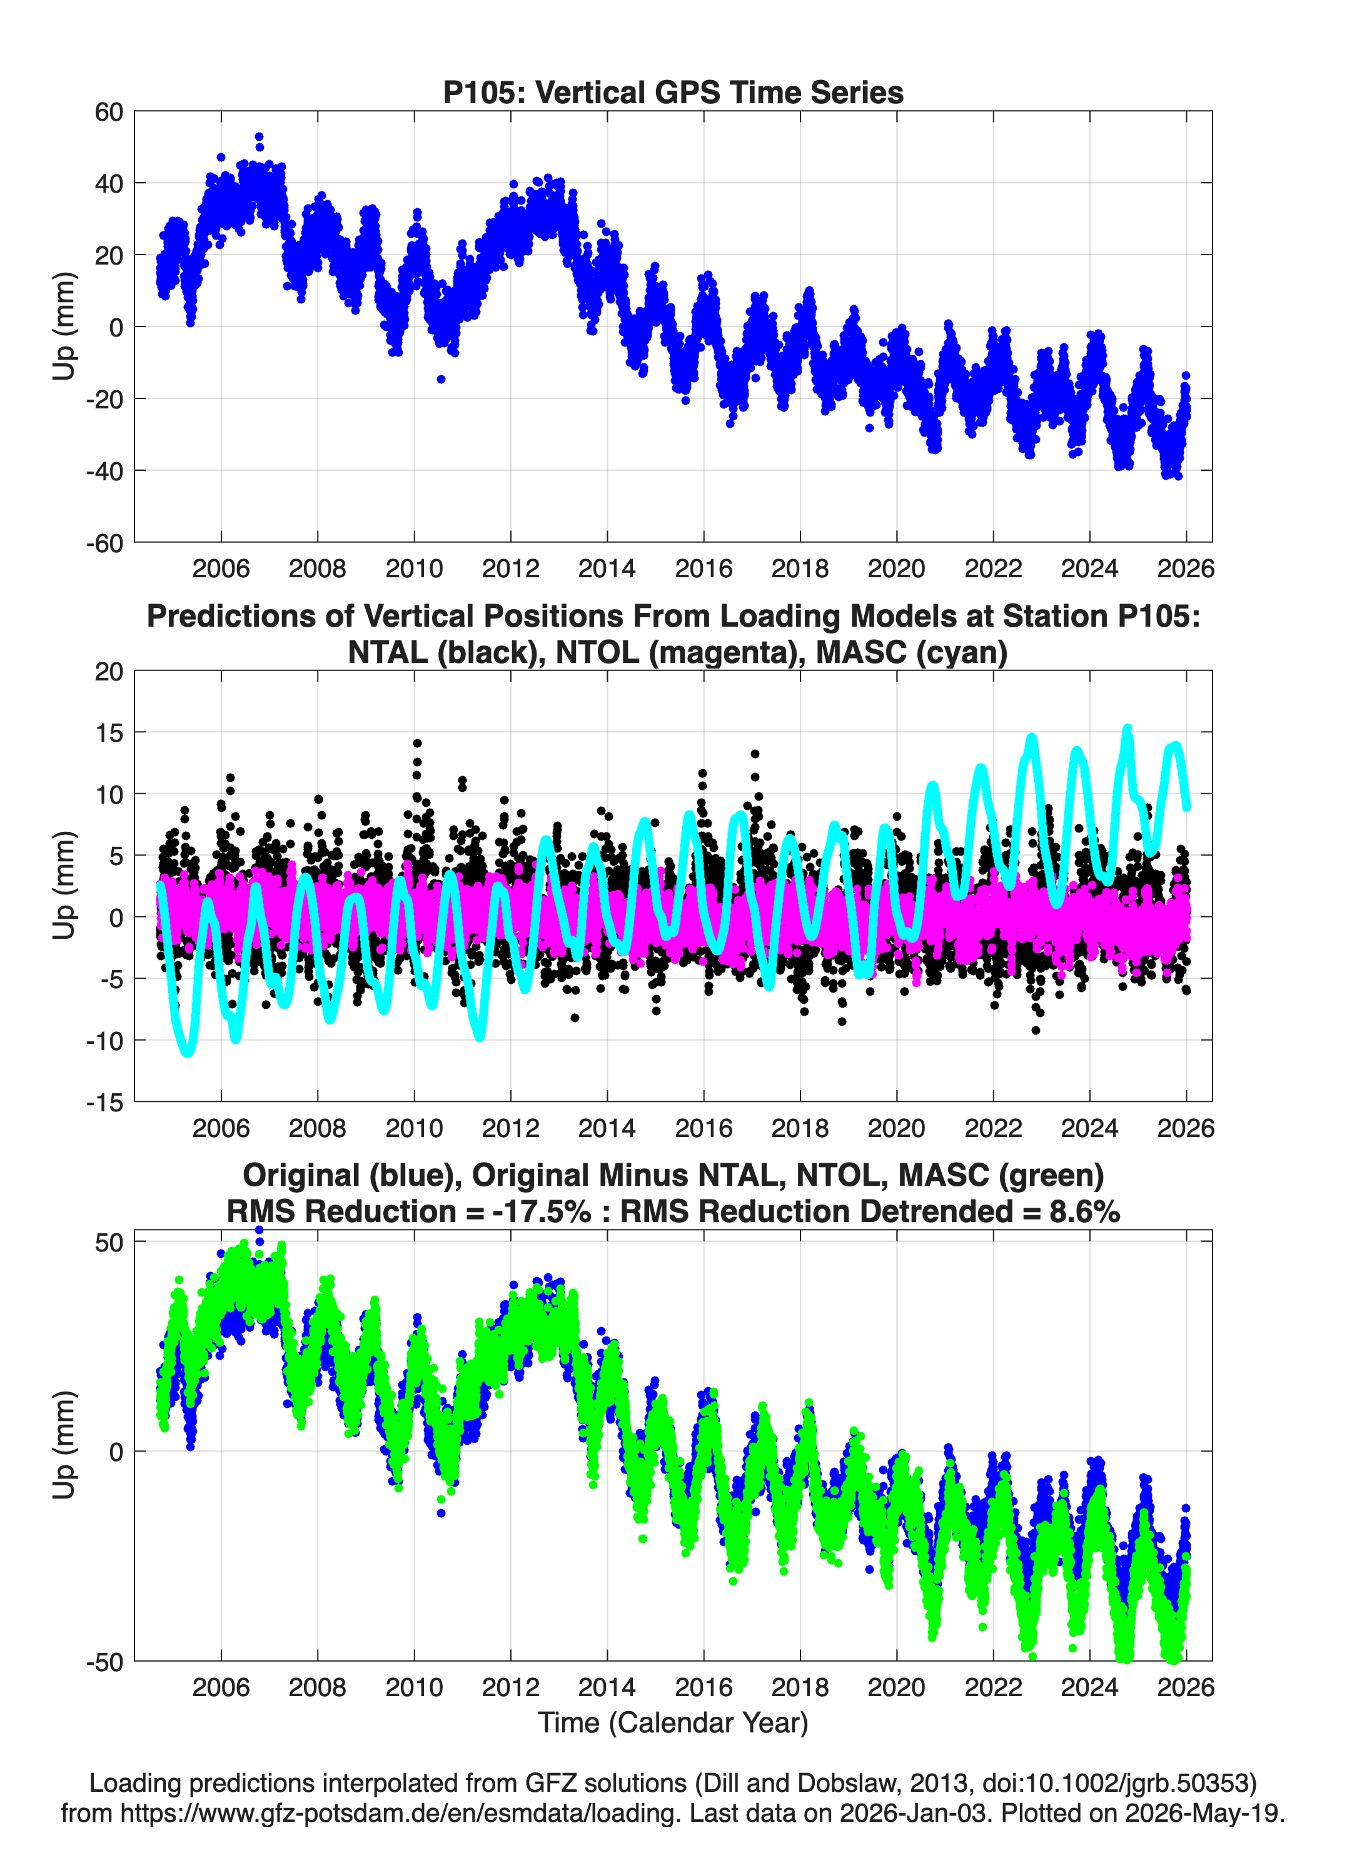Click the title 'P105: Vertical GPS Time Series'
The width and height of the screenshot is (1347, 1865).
point(673,92)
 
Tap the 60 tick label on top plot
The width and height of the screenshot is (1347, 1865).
point(109,112)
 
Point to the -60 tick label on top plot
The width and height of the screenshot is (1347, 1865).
point(104,543)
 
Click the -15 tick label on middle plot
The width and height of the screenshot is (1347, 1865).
point(104,1103)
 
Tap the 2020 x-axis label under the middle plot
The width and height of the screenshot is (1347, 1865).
point(896,1128)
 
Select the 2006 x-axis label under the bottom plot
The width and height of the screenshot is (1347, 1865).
point(220,1687)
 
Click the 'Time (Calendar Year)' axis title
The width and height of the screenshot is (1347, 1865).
point(673,1722)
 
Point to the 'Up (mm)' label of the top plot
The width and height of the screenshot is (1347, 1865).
point(63,326)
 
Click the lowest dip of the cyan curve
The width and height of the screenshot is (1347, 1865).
point(188,1052)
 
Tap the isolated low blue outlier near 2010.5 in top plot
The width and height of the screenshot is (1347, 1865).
point(441,379)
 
